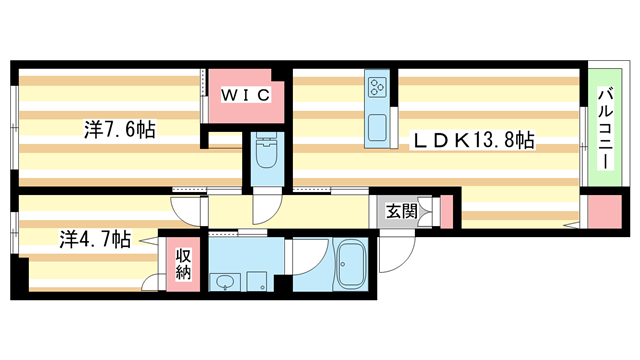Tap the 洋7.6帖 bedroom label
(119, 129)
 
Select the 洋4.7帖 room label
(93, 239)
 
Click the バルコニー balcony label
(604, 127)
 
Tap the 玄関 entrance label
(402, 212)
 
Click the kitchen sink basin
(377, 128)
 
